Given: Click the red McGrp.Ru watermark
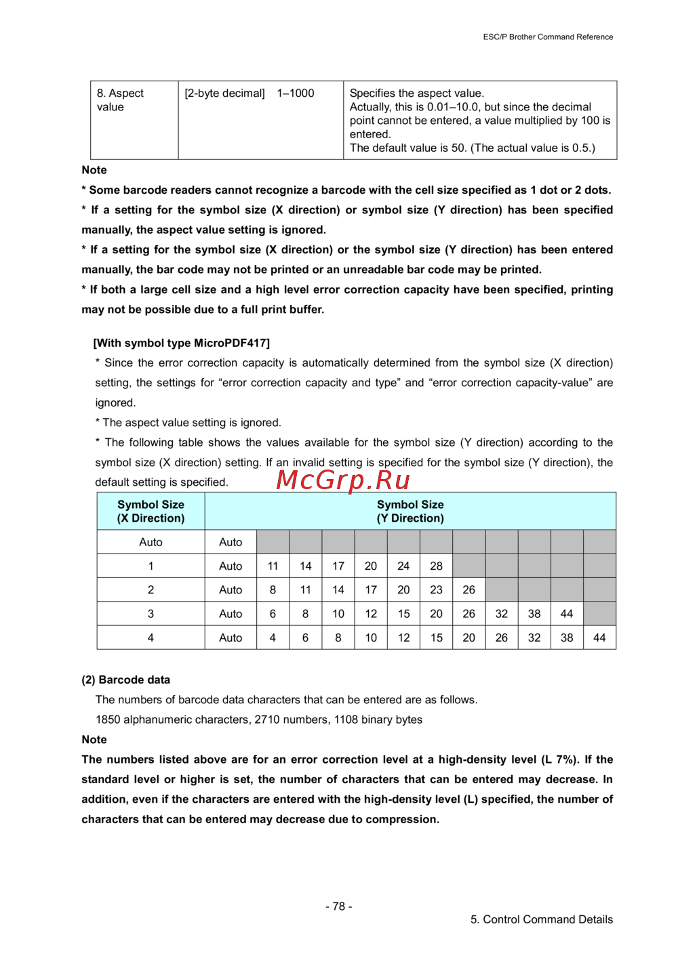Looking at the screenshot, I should [x=343, y=480].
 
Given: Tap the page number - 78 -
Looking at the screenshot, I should [x=338, y=906].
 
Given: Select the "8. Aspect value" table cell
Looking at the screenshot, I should [x=121, y=100].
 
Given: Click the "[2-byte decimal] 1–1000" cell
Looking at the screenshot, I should [x=249, y=93].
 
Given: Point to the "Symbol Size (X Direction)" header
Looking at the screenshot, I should [x=151, y=512].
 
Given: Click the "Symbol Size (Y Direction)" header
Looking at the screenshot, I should [x=410, y=512].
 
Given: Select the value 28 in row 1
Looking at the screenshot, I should [x=436, y=566].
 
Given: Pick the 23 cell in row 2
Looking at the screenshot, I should [x=436, y=589].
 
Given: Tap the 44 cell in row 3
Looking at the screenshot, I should [x=567, y=613].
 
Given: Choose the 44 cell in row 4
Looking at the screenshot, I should [x=599, y=638].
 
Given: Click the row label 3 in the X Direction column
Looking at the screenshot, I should [x=151, y=613].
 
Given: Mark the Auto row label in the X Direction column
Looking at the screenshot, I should [x=151, y=542].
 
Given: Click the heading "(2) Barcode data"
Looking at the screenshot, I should [x=125, y=680].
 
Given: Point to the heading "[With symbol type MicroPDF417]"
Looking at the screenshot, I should [x=181, y=343].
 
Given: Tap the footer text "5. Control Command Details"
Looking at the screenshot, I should [x=541, y=919].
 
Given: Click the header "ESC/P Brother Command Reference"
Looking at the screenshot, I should [x=548, y=37].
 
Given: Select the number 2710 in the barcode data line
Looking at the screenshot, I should [x=267, y=720].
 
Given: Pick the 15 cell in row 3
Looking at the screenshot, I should [x=403, y=613].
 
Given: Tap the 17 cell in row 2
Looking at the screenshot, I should [x=371, y=589].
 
